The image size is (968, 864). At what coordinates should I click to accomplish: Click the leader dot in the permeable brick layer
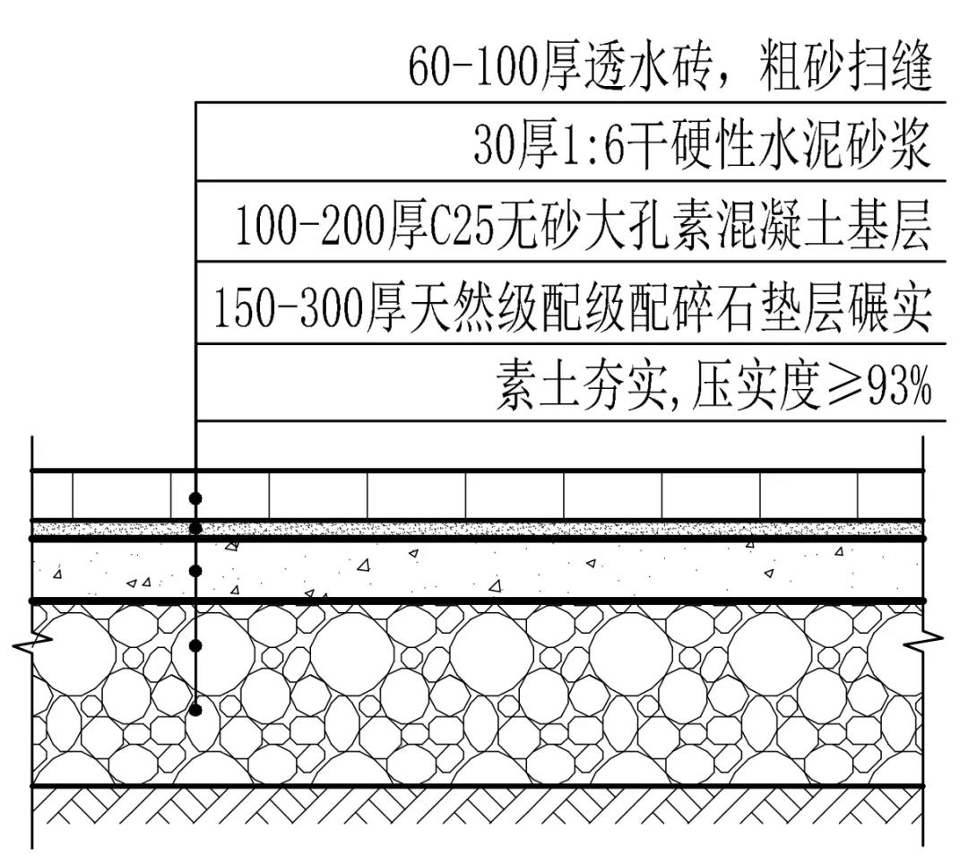coord(195,497)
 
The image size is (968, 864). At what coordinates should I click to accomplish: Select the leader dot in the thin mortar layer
coord(195,528)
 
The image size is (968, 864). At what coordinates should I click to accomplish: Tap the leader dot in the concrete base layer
coord(195,570)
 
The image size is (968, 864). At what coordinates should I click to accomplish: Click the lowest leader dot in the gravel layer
coord(195,710)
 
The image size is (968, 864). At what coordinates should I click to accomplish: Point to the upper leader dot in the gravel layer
coord(195,645)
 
